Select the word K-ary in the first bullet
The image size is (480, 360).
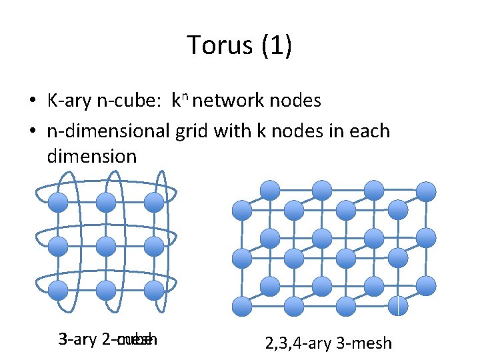[65, 101]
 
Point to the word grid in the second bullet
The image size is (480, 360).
[193, 131]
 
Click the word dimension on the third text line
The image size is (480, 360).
[92, 157]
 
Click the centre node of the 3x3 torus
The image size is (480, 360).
[106, 246]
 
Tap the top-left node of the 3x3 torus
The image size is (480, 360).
[59, 202]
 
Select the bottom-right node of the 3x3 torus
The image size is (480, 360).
[154, 290]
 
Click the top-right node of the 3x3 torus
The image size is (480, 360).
[154, 202]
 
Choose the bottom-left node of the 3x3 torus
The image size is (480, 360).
[59, 290]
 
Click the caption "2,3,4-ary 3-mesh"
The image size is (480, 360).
[329, 344]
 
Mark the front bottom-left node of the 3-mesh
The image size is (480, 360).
[241, 307]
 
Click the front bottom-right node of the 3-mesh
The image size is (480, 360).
[398, 307]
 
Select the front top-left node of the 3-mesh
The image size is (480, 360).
[241, 211]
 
